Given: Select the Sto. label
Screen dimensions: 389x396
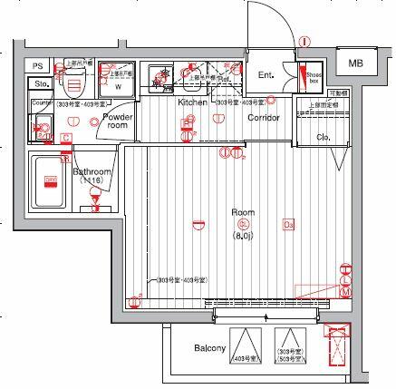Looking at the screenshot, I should (39, 84).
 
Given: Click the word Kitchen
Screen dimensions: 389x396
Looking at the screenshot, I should (192, 102).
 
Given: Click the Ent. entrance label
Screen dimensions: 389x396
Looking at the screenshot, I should (266, 75).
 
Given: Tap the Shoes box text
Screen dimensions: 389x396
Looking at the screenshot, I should (314, 78).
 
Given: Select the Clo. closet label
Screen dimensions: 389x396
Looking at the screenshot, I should (324, 137).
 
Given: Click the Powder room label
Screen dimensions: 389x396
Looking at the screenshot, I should (118, 122).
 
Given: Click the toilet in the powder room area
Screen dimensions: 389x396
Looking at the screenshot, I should (73, 84).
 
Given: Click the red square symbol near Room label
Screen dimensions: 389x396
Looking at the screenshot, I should (289, 225).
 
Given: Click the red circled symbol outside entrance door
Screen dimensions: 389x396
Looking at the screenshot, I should (305, 42).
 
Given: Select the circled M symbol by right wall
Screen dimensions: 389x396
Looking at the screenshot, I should (345, 292).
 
